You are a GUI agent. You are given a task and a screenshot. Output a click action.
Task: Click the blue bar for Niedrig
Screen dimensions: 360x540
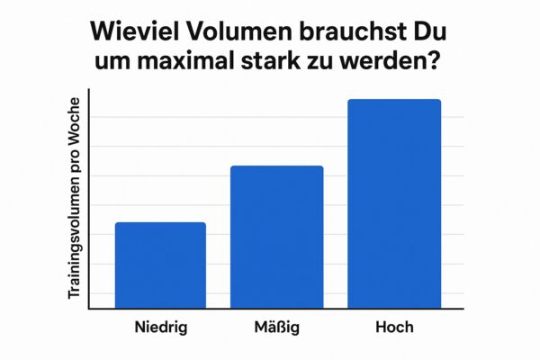pos(160,265)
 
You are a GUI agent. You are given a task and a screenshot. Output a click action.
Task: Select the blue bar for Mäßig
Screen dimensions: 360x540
pos(277,238)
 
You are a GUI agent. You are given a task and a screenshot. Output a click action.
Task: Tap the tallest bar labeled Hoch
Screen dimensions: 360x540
pos(394,204)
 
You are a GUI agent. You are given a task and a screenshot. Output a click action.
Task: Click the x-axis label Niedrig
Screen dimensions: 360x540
pos(160,328)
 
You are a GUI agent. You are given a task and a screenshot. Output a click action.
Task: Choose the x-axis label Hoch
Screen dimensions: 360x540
pos(393,328)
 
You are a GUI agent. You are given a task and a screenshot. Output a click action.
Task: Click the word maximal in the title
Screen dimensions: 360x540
pos(190,65)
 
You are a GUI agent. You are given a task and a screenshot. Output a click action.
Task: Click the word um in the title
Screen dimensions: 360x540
pos(113,65)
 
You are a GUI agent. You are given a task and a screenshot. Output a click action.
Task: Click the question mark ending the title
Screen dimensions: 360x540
pos(441,65)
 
